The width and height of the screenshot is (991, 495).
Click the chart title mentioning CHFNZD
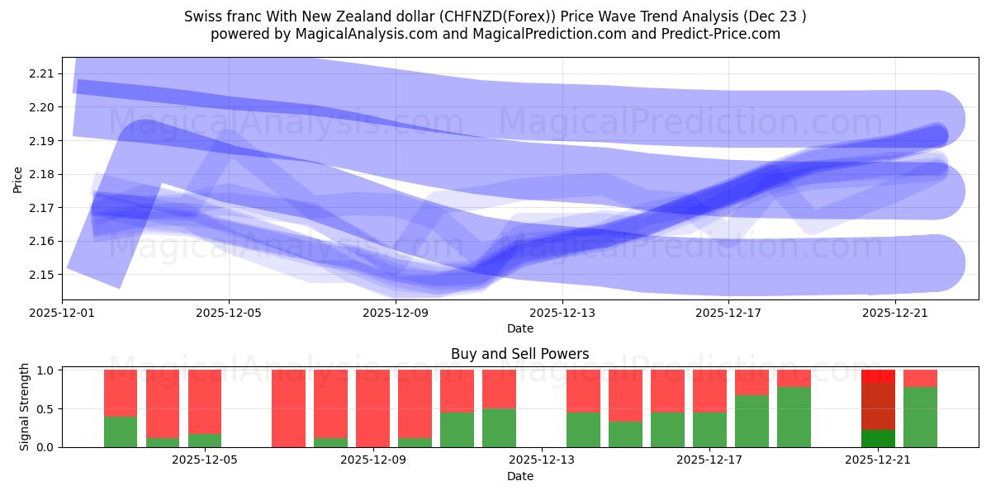[x=495, y=16]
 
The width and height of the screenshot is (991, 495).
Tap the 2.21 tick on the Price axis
[x=41, y=73]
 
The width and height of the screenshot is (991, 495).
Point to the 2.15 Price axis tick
[x=41, y=274]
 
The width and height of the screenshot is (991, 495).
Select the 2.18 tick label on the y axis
[x=41, y=174]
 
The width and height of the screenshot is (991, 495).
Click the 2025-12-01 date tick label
[x=63, y=313]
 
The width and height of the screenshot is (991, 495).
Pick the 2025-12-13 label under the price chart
[x=562, y=313]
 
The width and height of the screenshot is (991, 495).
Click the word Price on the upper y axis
[x=18, y=179]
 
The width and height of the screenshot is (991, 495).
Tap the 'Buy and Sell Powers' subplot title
[x=519, y=354]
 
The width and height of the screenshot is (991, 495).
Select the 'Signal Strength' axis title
[x=25, y=408]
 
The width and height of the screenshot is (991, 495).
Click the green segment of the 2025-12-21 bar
[x=878, y=438]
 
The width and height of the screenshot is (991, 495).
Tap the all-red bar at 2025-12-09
[x=372, y=408]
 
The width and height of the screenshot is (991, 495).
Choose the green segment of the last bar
[x=920, y=417]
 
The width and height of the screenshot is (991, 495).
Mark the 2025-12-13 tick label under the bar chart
[x=541, y=460]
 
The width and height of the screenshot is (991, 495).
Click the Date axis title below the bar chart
[x=519, y=476]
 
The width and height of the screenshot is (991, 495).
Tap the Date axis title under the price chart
[x=519, y=328]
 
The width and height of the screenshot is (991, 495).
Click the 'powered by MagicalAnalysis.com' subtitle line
[x=495, y=34]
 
